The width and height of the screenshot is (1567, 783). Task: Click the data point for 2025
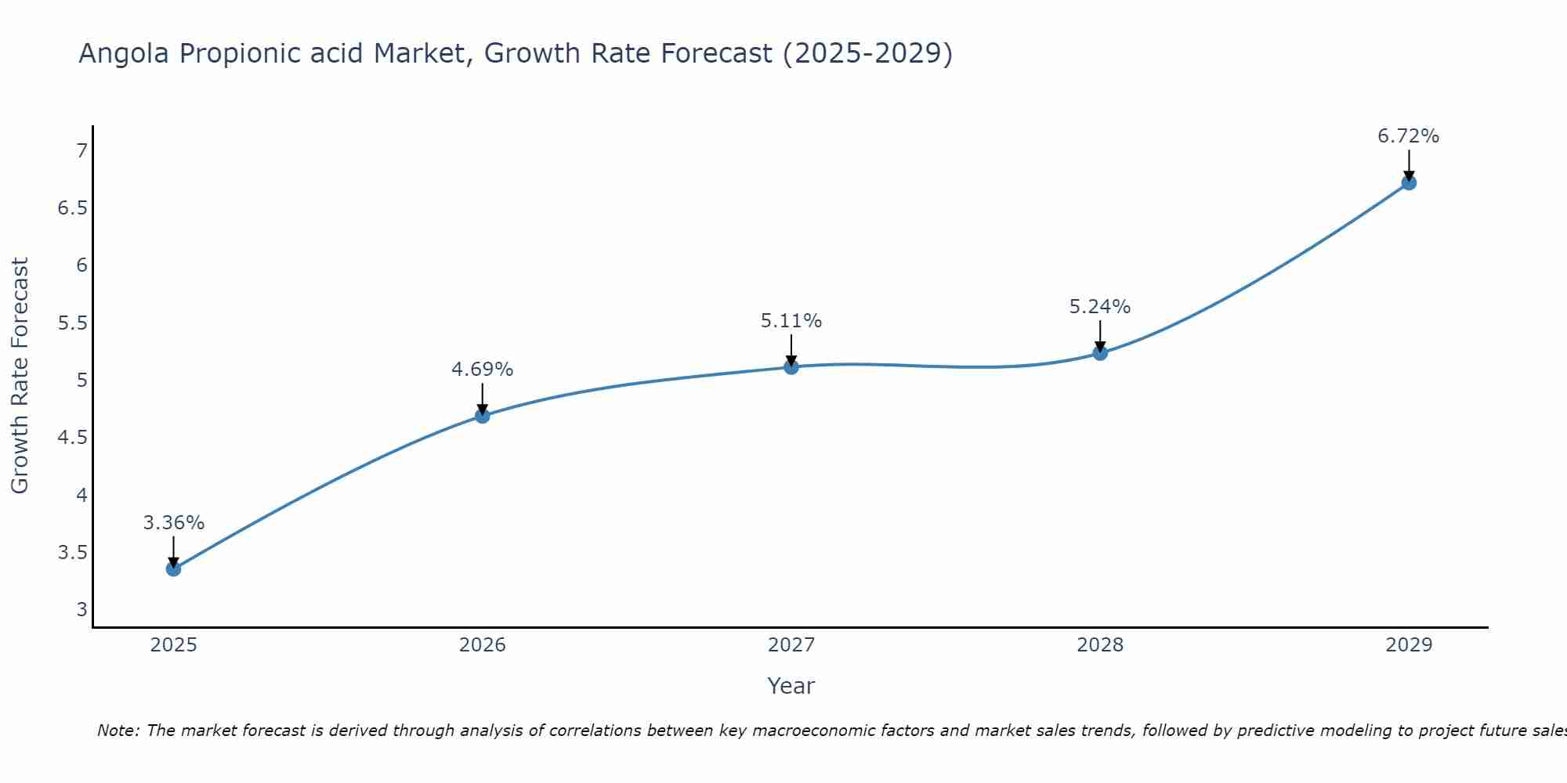173,568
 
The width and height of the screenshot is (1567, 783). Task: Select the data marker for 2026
483,416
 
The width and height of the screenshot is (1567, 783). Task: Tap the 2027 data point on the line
791,366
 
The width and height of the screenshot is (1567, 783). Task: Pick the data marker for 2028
1100,352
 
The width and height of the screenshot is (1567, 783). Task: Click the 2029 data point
1409,182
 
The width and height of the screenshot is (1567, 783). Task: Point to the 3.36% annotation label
173,523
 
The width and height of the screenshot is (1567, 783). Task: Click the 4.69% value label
483,370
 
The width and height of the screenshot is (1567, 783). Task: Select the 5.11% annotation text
791,321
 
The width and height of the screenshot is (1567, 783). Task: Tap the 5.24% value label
1100,307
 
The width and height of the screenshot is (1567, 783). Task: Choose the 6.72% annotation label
1409,136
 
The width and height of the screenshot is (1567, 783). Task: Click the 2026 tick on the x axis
483,645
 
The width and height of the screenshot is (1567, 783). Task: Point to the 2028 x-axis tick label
1100,645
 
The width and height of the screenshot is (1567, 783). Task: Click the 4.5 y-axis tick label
73,437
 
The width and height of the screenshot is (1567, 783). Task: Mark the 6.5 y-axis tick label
73,208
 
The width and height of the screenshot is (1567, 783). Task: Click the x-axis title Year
791,686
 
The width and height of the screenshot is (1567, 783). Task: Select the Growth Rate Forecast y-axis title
20,376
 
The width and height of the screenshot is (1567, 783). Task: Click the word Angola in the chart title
124,54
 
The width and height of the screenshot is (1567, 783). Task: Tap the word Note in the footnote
118,731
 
